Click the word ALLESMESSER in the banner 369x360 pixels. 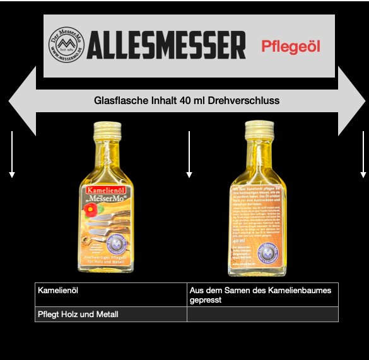(166, 45)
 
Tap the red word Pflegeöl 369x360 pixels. (291, 46)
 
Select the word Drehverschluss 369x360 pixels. (249, 100)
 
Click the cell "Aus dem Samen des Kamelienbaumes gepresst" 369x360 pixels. (262, 294)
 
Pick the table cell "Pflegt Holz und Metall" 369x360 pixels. (110, 314)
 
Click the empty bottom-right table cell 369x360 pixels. (262, 314)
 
